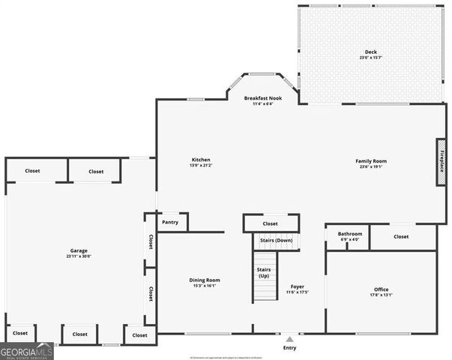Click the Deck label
pyautogui.click(x=361, y=51)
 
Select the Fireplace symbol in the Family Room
pyautogui.click(x=442, y=160)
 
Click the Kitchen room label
pyautogui.click(x=201, y=160)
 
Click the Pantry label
pyautogui.click(x=170, y=223)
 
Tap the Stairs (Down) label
pyautogui.click(x=276, y=240)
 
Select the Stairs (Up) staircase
pyautogui.click(x=263, y=278)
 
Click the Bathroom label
pyautogui.click(x=349, y=234)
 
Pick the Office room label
pyautogui.click(x=382, y=289)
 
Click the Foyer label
pyautogui.click(x=297, y=286)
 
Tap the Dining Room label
pyautogui.click(x=204, y=280)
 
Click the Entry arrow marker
pyautogui.click(x=289, y=338)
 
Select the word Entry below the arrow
pyautogui.click(x=289, y=348)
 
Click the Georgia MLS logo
pyautogui.click(x=27, y=351)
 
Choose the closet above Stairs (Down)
pyautogui.click(x=271, y=223)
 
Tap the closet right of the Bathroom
pyautogui.click(x=401, y=237)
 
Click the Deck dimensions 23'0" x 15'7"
pyautogui.click(x=361, y=58)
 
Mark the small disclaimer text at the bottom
pyautogui.click(x=225, y=357)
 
